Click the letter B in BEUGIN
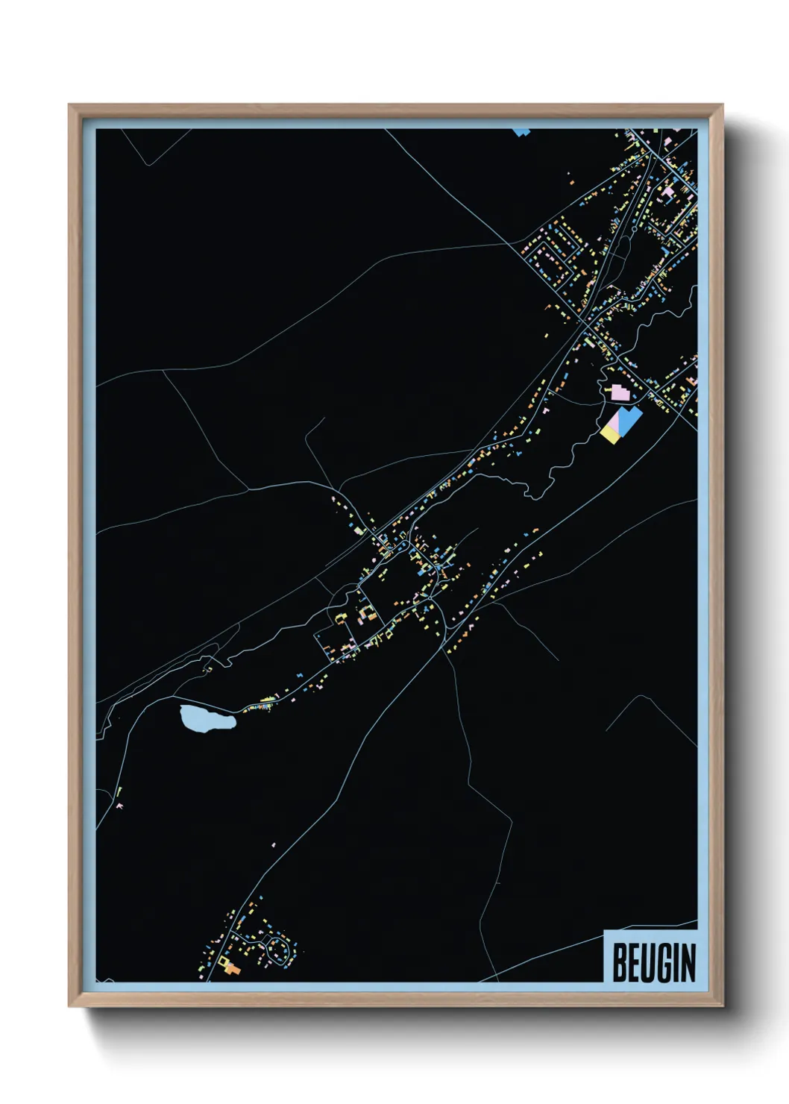(x=620, y=962)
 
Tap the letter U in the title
(x=648, y=962)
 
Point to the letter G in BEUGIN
(x=664, y=962)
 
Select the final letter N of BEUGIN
(x=688, y=962)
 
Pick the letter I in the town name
(x=676, y=962)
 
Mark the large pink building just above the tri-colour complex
(x=620, y=392)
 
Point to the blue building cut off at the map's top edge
(x=521, y=132)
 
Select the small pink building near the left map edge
(x=119, y=806)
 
